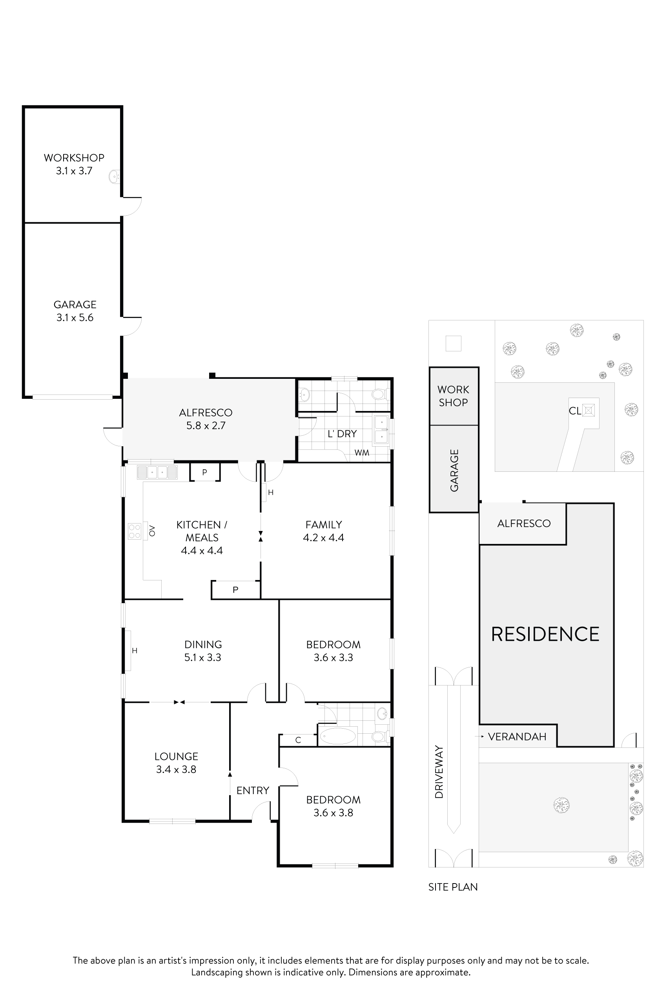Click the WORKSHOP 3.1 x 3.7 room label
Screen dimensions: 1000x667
tap(74, 164)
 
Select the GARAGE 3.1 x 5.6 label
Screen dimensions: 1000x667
tap(75, 311)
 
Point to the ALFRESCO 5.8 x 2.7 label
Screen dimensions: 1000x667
tap(206, 419)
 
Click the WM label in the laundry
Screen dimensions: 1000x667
tap(362, 453)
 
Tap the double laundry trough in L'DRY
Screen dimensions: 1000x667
tap(381, 431)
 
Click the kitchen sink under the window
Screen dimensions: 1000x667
tap(157, 473)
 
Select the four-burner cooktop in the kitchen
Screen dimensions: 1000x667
tap(135, 531)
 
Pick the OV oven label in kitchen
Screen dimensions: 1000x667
tap(152, 531)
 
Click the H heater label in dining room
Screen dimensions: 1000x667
tap(135, 651)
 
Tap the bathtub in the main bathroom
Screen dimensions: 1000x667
tap(337, 736)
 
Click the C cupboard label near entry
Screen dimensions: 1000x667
tap(298, 740)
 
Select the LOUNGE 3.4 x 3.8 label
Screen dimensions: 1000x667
tap(176, 763)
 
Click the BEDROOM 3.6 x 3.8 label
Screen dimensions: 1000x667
tap(333, 806)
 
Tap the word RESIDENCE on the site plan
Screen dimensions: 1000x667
tap(545, 635)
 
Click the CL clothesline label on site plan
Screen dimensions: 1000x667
tap(575, 411)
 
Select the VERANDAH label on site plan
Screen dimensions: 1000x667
tap(517, 737)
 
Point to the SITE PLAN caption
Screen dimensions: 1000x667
tap(453, 887)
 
